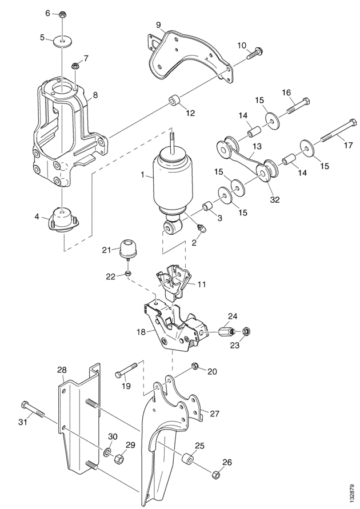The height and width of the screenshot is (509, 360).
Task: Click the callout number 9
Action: [158, 25]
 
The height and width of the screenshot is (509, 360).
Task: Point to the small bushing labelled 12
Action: [174, 101]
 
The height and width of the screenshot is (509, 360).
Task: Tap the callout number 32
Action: [275, 199]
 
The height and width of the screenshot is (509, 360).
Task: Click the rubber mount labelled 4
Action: [64, 220]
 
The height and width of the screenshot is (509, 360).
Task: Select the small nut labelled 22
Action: [128, 274]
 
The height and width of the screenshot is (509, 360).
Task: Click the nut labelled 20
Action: [197, 366]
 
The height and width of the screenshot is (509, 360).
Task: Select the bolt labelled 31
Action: [32, 410]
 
